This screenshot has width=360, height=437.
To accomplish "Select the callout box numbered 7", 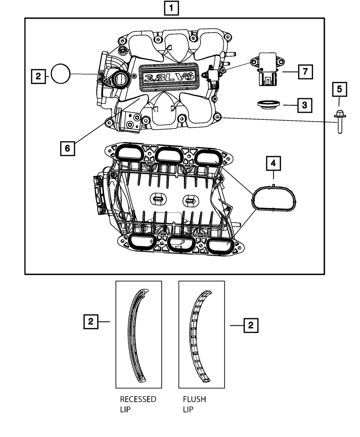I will [x=305, y=72].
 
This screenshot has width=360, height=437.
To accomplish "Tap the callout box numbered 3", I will [x=305, y=105].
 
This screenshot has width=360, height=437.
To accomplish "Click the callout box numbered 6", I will [x=68, y=148].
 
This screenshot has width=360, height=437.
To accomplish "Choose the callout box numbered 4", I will [x=274, y=164].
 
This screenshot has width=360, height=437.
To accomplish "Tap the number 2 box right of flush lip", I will [x=251, y=325].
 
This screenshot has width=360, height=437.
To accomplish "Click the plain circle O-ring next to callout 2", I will [x=61, y=74].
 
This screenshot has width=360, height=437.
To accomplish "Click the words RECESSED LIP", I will [x=138, y=404].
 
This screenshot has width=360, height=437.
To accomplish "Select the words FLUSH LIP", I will [x=194, y=404].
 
